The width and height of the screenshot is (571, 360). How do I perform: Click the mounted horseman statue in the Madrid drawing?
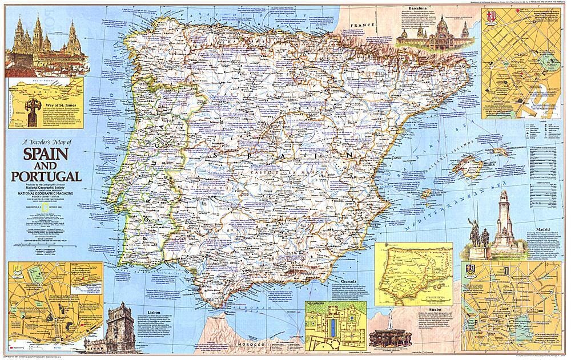point(475,234)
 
